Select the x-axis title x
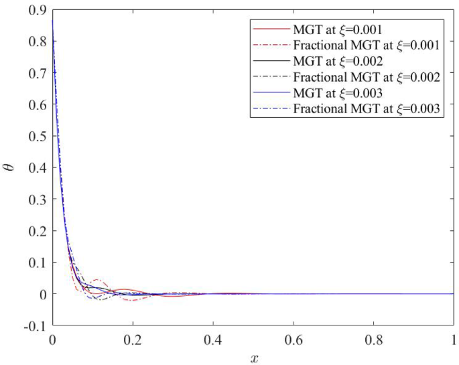coord(253,358)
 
